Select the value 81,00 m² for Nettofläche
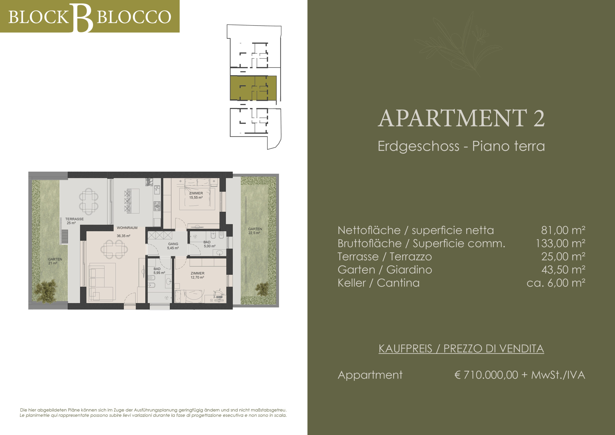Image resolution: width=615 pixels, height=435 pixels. (563, 230)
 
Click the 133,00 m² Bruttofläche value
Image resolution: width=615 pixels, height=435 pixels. (560, 243)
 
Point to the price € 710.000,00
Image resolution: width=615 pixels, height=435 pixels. (486, 375)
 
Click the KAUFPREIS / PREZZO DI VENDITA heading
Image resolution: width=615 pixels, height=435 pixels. (461, 348)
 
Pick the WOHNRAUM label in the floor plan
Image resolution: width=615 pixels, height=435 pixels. (127, 228)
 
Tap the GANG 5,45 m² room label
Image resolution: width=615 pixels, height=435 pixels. (173, 246)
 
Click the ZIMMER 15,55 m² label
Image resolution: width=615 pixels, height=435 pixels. (196, 195)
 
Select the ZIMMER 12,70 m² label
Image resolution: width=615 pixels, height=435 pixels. (197, 275)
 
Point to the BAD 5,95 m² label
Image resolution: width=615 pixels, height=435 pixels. (159, 271)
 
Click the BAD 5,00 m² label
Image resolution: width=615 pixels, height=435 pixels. (209, 244)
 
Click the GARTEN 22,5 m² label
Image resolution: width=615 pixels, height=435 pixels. (255, 231)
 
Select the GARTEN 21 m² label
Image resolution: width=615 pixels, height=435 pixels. (55, 261)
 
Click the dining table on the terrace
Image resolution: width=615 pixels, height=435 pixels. (88, 201)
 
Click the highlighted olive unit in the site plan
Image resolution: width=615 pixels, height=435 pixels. (253, 88)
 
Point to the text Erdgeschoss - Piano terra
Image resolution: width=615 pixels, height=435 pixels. (461, 146)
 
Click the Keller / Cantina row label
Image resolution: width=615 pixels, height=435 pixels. (378, 283)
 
